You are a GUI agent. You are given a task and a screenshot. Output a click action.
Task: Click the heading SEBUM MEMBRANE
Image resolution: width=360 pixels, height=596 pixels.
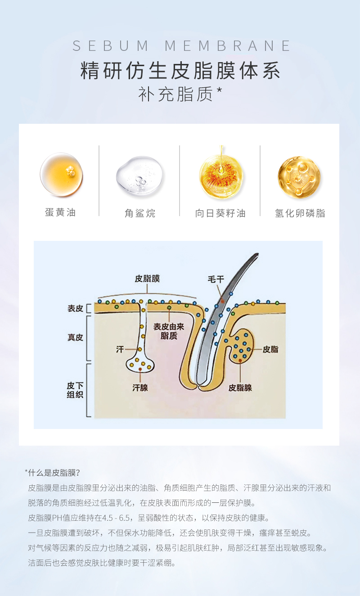coord(182,46)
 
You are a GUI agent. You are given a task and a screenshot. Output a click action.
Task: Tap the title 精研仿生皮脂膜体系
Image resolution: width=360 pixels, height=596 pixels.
coord(180,71)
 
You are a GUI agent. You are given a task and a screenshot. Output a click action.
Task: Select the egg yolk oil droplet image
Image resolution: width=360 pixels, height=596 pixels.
coord(61,175)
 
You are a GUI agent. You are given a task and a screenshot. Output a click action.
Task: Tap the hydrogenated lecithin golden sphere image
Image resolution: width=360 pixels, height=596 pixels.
coord(299,176)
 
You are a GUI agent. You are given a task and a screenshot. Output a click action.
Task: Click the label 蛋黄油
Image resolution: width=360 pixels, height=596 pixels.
coord(60,212)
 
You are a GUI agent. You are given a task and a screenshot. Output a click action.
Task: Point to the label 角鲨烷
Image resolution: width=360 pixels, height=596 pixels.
coord(139,213)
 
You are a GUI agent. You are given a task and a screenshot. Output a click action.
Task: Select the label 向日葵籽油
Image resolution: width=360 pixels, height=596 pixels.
coord(220,213)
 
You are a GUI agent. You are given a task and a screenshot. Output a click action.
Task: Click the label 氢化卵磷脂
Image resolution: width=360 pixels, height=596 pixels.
coord(300,213)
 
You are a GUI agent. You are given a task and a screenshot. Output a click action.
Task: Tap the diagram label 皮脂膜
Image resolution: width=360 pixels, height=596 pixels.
coord(147,279)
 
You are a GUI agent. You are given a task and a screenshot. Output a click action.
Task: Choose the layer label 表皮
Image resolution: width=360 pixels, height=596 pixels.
coord(75,308)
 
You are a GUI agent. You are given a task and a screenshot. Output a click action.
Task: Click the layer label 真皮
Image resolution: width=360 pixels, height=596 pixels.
coord(75,337)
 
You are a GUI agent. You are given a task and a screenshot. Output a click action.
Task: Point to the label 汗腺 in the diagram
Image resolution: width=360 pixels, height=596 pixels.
coord(140,387)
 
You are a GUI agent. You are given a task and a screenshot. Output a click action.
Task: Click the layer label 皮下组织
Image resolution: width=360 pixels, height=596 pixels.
coord(75,391)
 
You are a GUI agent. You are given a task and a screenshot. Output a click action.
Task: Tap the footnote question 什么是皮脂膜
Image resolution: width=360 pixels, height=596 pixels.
coord(54,473)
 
